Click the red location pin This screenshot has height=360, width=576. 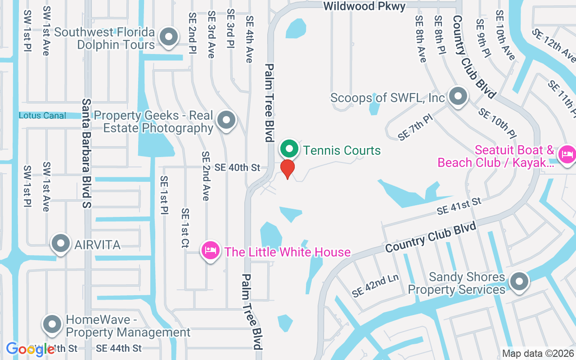coord(287,168)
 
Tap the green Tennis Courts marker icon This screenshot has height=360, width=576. coord(290,148)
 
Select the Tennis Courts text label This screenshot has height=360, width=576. coord(342,150)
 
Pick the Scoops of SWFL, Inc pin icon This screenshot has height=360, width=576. coord(458,96)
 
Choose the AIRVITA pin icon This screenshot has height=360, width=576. coord(60,244)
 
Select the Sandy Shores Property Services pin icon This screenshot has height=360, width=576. coord(519,282)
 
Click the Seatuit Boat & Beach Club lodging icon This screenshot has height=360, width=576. coord(566,155)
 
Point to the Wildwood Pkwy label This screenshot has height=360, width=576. coord(364,6)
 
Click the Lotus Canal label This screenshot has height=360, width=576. coord(42,116)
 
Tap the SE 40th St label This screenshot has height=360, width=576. coord(237,168)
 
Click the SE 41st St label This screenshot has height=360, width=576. coord(459,206)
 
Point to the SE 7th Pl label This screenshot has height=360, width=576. coord(415,127)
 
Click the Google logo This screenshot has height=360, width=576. coord(30,349)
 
